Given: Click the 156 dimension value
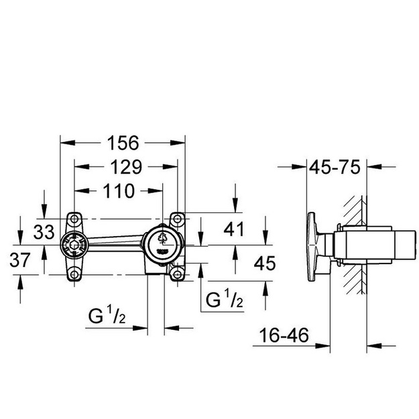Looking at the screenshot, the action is coord(123,143).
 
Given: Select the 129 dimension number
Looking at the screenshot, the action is coord(126,167).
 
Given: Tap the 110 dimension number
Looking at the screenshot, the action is coord(119,191).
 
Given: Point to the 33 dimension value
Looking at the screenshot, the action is coord(44,232).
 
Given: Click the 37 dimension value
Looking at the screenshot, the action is coord(20,260).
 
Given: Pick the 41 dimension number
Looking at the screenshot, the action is coord(234,229).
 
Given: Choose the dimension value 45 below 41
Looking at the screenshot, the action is coord(265,263).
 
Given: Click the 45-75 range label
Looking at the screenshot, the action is coord(335,168).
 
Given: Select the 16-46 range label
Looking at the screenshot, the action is coord(284,335).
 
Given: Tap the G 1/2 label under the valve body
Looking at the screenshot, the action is coord(107,315).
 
